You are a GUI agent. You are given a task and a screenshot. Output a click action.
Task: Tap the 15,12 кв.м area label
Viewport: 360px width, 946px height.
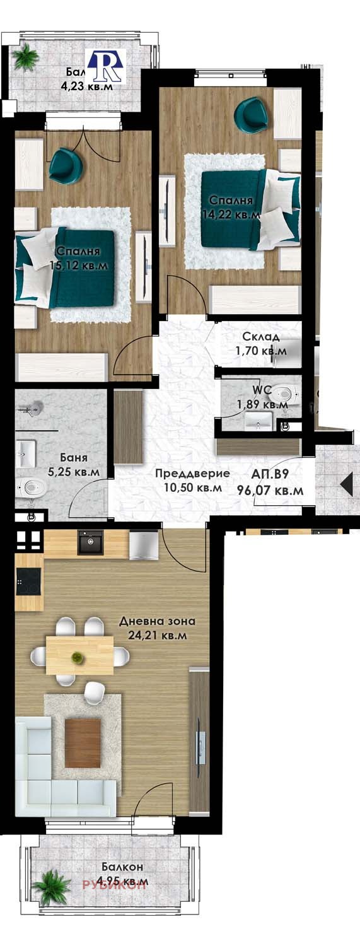pyautogui.click(x=79, y=266)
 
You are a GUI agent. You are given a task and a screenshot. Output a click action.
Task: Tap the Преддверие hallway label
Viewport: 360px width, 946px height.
pyautogui.click(x=192, y=474)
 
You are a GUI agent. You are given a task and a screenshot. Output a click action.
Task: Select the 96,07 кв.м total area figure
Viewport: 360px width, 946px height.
pyautogui.click(x=270, y=489)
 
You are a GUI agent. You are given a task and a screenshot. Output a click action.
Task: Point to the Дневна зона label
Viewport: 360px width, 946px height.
pyautogui.click(x=157, y=621)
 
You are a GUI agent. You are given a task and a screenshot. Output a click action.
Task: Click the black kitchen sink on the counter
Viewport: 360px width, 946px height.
pyautogui.click(x=90, y=542)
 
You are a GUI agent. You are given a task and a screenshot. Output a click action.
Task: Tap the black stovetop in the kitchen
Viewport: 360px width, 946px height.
pyautogui.click(x=28, y=581)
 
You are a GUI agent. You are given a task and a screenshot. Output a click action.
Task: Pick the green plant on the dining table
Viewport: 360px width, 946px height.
pyautogui.click(x=77, y=657)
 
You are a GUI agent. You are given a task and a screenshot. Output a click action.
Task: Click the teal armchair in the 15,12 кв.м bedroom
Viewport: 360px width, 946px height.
pyautogui.click(x=67, y=163)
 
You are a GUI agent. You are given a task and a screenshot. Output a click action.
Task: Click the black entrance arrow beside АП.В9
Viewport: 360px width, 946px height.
pyautogui.click(x=346, y=484)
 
